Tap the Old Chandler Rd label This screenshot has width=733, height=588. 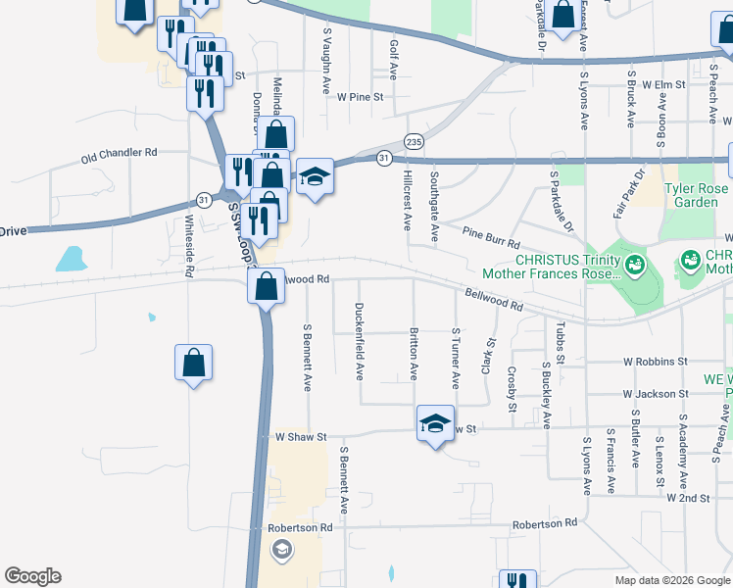(x=120, y=154)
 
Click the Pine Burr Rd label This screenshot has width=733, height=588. (x=490, y=237)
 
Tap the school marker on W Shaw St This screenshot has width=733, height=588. (x=435, y=424)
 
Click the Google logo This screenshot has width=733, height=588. (x=32, y=576)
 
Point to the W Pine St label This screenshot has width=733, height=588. (x=361, y=97)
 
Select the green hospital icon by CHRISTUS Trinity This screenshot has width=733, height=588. (x=635, y=264)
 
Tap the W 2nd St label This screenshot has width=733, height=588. (x=688, y=498)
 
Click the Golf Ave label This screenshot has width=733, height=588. (x=394, y=58)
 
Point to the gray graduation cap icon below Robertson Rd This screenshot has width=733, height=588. (x=282, y=549)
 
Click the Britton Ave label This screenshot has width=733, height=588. (x=414, y=354)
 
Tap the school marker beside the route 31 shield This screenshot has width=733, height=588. (x=315, y=177)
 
